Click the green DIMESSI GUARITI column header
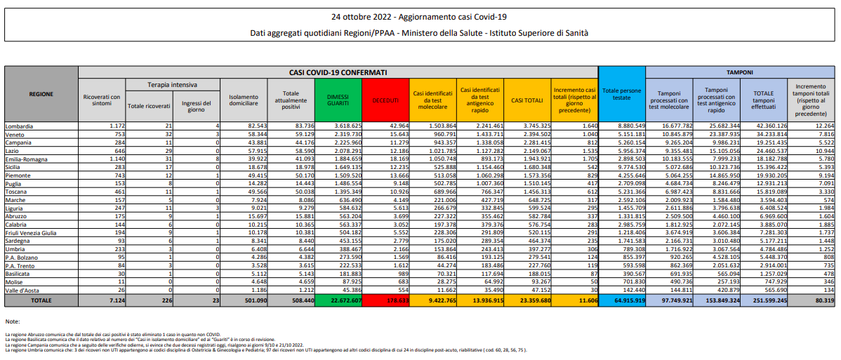[338, 100]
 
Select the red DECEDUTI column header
[385, 100]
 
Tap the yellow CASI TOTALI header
[527, 100]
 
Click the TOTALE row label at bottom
[41, 300]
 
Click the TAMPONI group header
[740, 72]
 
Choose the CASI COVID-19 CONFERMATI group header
[338, 72]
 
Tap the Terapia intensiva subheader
[172, 84]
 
